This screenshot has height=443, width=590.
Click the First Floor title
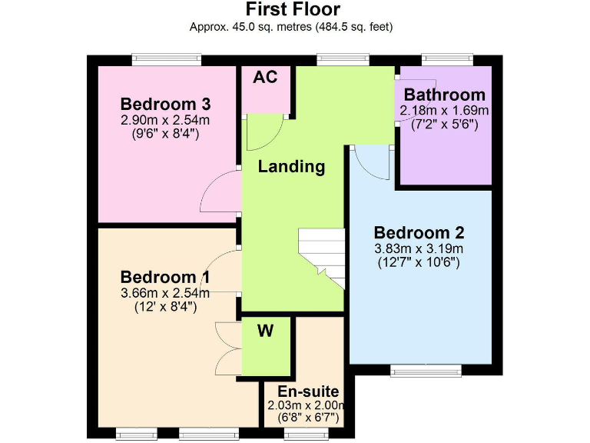pos(292,9)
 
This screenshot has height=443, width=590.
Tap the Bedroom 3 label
pos(165,105)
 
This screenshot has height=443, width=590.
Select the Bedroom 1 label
pos(165,277)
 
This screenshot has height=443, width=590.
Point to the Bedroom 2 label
pos(419,232)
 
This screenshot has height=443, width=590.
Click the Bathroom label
pos(445,95)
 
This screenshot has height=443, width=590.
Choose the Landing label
pos(291,166)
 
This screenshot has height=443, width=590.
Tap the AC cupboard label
pos(265,77)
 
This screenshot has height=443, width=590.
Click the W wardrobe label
pos(265,331)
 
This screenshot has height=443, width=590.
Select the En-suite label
pos(303,392)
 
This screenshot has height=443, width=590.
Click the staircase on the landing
pos(322,258)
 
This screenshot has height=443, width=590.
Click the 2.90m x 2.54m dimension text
pos(165,120)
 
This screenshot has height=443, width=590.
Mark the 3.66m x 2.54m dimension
pos(165,292)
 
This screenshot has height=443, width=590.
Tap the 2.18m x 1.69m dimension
pos(445,110)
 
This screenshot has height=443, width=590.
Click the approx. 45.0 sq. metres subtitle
pos(292,26)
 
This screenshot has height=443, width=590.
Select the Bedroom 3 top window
pos(166,59)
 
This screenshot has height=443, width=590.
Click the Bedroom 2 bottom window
pos(426,371)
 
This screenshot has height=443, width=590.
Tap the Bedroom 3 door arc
pos(221,188)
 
